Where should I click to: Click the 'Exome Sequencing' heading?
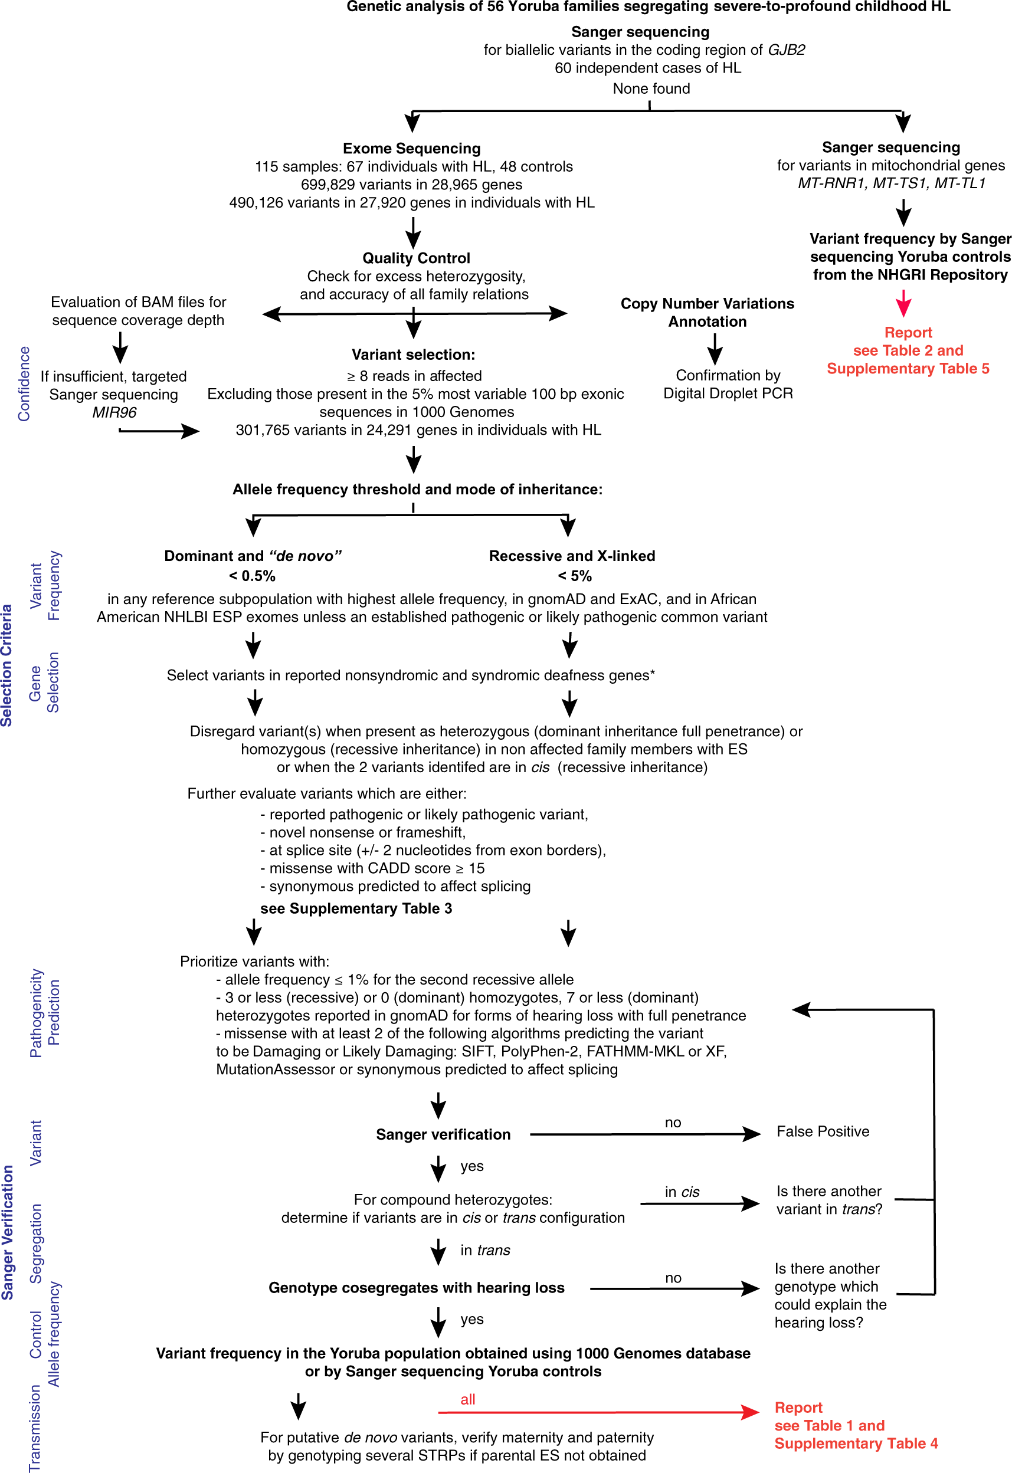(411, 148)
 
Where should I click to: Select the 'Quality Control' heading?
(416, 258)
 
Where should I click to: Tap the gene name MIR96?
(114, 412)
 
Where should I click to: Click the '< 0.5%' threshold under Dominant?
(252, 576)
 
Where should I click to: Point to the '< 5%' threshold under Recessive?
(575, 576)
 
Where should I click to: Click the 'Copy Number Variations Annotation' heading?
(707, 313)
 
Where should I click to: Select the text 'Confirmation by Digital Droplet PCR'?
(728, 384)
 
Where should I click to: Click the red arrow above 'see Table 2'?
(903, 304)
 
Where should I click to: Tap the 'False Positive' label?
(823, 1131)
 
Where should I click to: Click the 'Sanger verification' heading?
(443, 1134)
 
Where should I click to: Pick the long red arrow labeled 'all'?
(596, 1412)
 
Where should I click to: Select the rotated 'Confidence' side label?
(24, 383)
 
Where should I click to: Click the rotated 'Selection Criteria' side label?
(7, 665)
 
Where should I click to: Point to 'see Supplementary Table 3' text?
(356, 908)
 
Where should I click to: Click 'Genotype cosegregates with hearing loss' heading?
(416, 1287)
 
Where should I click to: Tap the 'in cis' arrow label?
(682, 1192)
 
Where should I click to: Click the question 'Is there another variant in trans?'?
(828, 1200)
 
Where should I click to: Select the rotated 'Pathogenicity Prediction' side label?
(44, 1013)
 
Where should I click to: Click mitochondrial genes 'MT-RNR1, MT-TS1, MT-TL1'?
(891, 183)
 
